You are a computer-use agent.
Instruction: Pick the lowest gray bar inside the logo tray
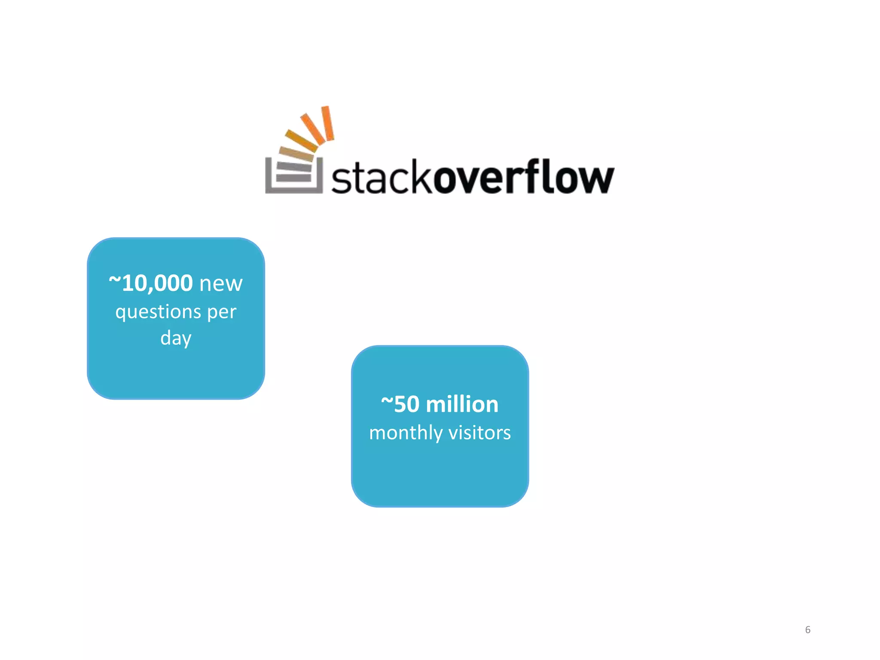(x=294, y=178)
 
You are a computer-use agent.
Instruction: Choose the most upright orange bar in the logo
(x=328, y=123)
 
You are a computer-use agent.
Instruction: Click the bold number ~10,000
(x=151, y=284)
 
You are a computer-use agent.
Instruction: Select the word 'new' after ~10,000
(x=221, y=284)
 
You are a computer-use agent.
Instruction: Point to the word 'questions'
(x=158, y=312)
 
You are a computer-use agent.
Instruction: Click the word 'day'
(x=176, y=338)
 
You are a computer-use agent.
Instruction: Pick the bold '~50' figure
(x=400, y=404)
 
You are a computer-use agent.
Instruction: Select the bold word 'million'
(x=462, y=404)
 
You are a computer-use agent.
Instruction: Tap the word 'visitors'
(x=480, y=433)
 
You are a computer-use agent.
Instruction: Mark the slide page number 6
(x=807, y=629)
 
